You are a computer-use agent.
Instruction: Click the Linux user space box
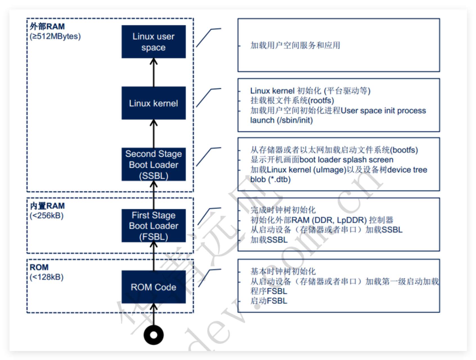[x=153, y=42]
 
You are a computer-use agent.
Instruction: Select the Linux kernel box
[x=153, y=103]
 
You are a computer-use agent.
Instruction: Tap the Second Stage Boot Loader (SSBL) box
[x=153, y=164]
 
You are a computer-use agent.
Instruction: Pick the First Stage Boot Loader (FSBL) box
[x=153, y=226]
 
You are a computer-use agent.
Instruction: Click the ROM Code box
[x=153, y=287]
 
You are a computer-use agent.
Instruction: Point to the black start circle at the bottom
[x=154, y=335]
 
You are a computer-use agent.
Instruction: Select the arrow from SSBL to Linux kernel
[x=154, y=134]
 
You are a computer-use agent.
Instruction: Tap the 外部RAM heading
[x=47, y=26]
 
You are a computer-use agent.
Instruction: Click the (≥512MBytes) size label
[x=55, y=36]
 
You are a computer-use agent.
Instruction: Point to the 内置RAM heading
[x=47, y=206]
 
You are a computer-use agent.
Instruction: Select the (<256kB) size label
[x=47, y=216]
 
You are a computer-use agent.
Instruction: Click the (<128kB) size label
[x=47, y=277]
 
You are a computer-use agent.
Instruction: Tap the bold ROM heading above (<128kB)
[x=39, y=267]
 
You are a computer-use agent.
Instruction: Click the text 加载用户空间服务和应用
[x=295, y=45]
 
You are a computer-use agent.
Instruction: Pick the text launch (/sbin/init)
[x=281, y=120]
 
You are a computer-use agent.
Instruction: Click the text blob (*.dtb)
[x=270, y=179]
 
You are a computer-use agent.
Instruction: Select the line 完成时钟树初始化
[x=283, y=210]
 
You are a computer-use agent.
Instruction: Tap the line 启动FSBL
[x=269, y=301]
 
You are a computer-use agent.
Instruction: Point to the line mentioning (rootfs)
[x=292, y=100]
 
